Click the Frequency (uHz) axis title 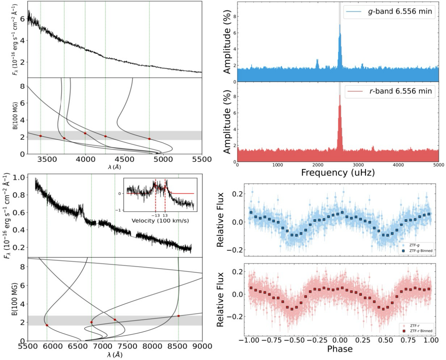[x=338, y=172]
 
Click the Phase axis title [x=340, y=349]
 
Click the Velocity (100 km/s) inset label [x=160, y=221]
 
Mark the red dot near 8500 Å [x=179, y=316]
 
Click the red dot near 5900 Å [x=47, y=325]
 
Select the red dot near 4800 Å [x=149, y=139]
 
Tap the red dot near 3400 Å [x=41, y=136]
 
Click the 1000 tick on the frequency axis [x=278, y=165]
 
